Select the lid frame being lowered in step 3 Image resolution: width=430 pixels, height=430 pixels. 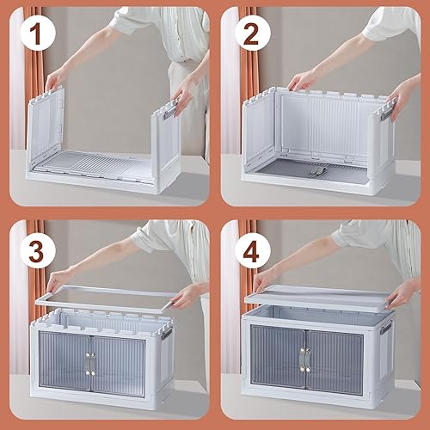[x=112, y=297]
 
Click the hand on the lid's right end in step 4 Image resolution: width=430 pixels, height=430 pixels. [x=399, y=294]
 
